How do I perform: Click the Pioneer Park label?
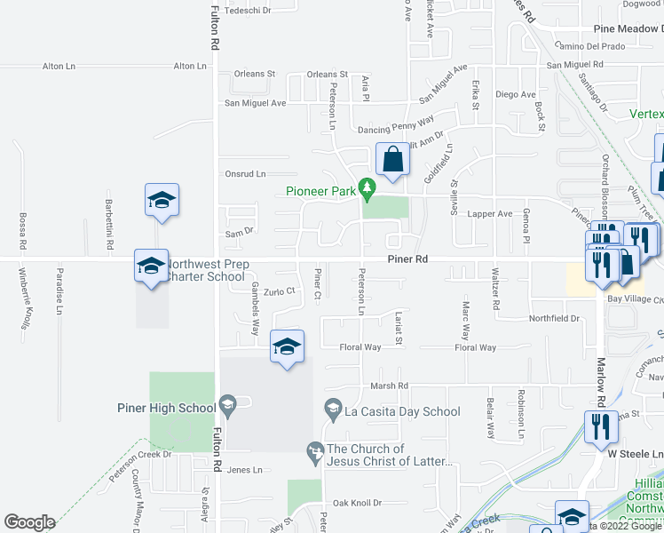click(320, 191)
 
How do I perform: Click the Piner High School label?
click(166, 409)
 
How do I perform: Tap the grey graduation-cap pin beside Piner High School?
click(227, 408)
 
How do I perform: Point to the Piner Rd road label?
click(408, 259)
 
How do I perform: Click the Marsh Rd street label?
click(390, 386)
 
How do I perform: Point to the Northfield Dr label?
click(554, 318)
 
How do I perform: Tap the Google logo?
click(29, 522)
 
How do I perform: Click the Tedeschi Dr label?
click(249, 10)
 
